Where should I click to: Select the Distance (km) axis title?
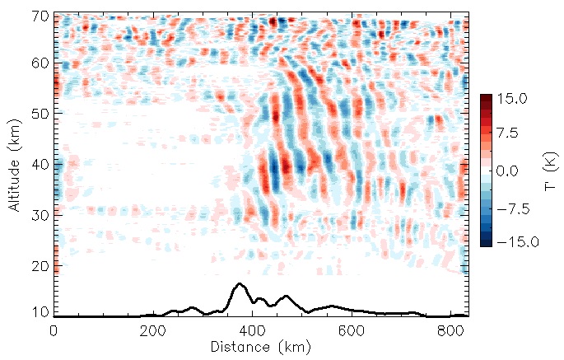260,347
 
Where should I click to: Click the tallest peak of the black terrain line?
240,284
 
